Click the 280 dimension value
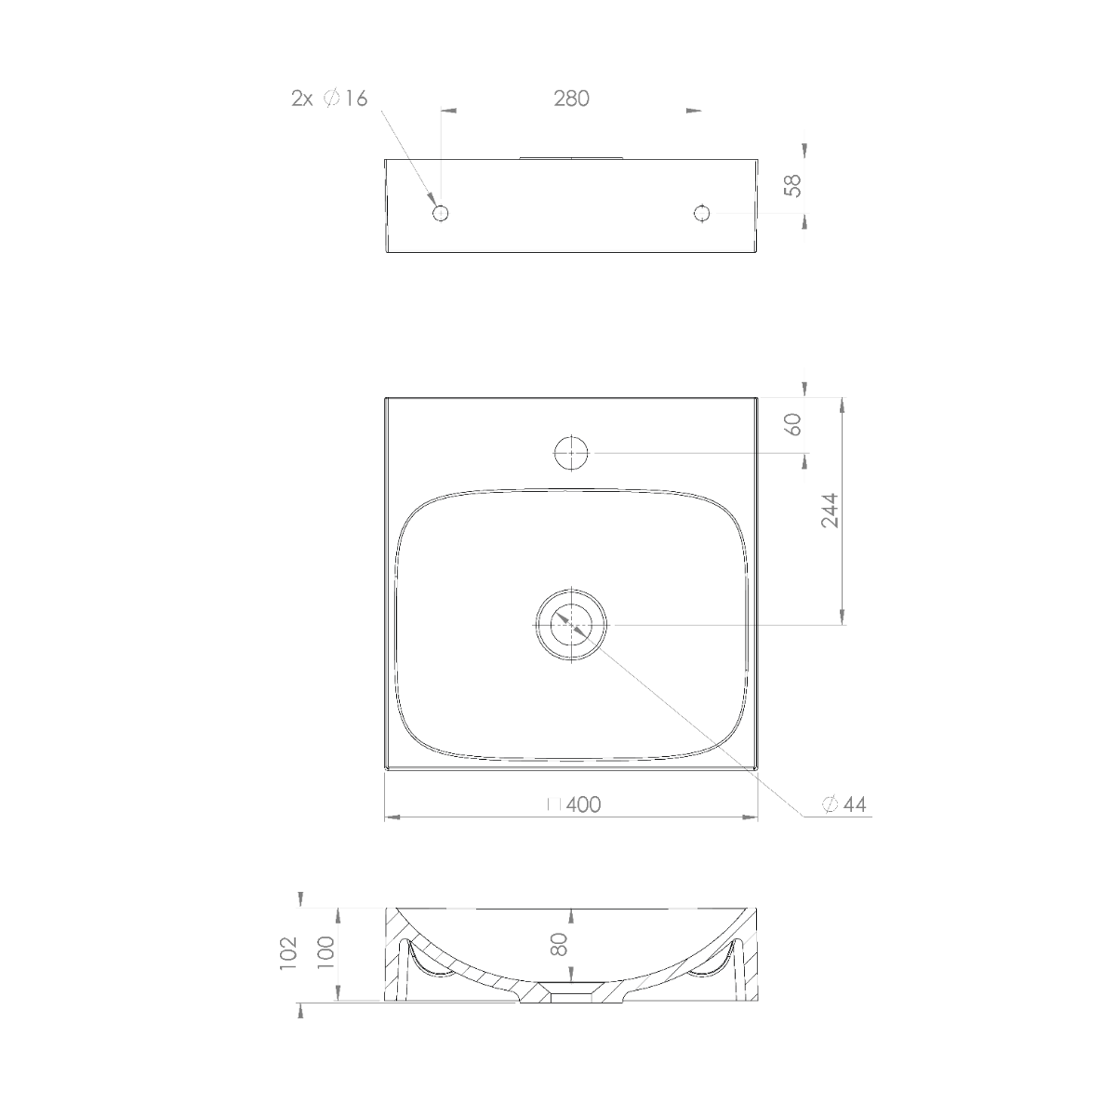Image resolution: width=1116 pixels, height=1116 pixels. click(571, 99)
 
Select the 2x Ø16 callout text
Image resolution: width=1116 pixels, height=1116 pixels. click(329, 99)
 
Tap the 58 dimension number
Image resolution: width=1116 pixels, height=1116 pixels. click(792, 186)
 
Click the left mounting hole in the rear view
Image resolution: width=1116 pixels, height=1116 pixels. click(441, 213)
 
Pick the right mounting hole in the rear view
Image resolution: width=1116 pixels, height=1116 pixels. click(701, 213)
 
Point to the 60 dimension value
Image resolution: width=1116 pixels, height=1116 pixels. click(794, 424)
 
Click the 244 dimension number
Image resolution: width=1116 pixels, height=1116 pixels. click(830, 511)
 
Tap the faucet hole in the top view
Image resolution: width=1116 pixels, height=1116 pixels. click(571, 452)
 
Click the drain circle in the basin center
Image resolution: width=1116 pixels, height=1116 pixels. click(571, 625)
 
